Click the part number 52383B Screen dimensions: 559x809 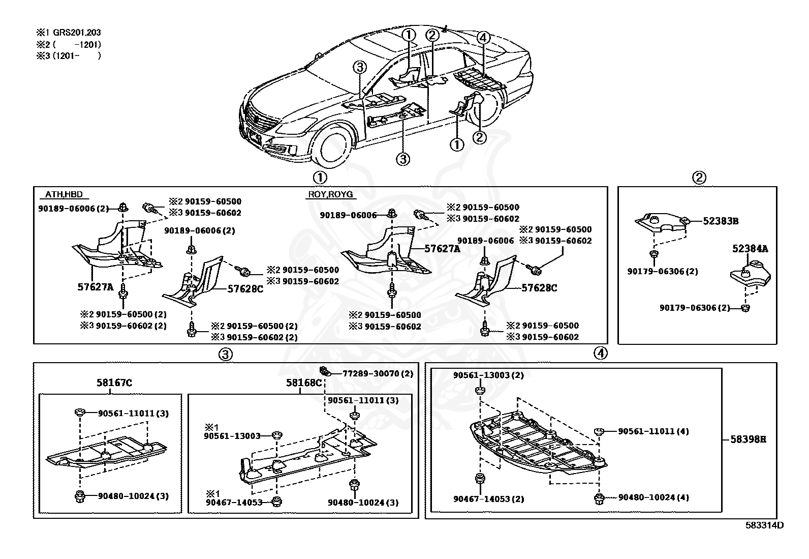pyautogui.click(x=721, y=221)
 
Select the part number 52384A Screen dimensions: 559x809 pyautogui.click(x=750, y=249)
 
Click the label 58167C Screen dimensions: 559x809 pyautogui.click(x=114, y=383)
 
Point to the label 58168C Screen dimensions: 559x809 pyautogui.click(x=304, y=383)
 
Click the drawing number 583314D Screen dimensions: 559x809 pyautogui.click(x=764, y=525)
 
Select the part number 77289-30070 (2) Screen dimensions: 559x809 pyautogui.click(x=378, y=373)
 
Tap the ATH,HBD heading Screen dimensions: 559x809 pyautogui.click(x=64, y=194)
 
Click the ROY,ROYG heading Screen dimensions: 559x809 pyautogui.click(x=330, y=194)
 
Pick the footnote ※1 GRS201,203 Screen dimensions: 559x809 pyautogui.click(x=69, y=33)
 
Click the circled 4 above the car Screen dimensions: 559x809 pyautogui.click(x=483, y=38)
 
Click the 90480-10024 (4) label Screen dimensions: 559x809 pyautogui.click(x=654, y=497)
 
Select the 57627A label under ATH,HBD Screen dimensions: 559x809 pyautogui.click(x=95, y=287)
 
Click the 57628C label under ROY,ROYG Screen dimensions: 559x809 pyautogui.click(x=539, y=288)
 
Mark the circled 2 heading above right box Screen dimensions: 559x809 pyautogui.click(x=699, y=178)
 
